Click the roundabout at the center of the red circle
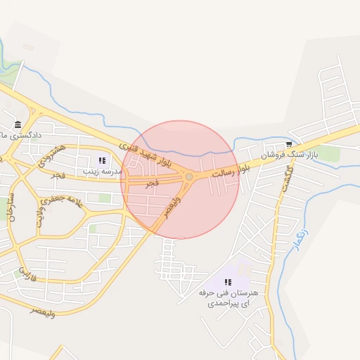click(x=188, y=176)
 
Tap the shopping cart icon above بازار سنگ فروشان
click(x=289, y=144)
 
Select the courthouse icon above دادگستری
click(x=17, y=124)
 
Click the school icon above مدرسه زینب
click(x=102, y=160)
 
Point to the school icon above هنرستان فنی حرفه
click(x=227, y=283)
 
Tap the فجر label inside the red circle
click(x=152, y=183)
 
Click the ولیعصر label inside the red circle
click(x=172, y=207)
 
